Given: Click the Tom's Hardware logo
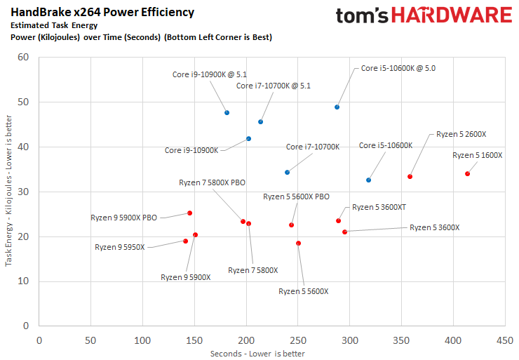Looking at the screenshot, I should pos(423,15).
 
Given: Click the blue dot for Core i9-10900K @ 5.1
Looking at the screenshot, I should pos(227,112).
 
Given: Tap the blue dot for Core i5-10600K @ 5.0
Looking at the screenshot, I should pos(337,107).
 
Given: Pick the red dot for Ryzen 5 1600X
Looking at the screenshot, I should pos(467,173).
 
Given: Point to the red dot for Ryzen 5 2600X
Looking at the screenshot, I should pos(410,176).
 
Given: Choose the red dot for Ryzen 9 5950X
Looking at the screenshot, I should pos(185,241).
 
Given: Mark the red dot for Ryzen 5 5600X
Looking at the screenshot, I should pos(298,243).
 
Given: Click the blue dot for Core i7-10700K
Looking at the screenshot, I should pos(287,172).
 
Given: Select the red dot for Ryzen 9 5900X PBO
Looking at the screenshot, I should pos(189,213).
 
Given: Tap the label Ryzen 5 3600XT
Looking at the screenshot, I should pos(379,207).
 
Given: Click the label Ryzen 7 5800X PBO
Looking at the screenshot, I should pos(212,182).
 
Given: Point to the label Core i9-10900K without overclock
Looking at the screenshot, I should pos(191,150).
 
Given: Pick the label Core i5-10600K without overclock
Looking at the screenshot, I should pos(385,146).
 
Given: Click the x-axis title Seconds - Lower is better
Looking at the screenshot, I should pos(257,353).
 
